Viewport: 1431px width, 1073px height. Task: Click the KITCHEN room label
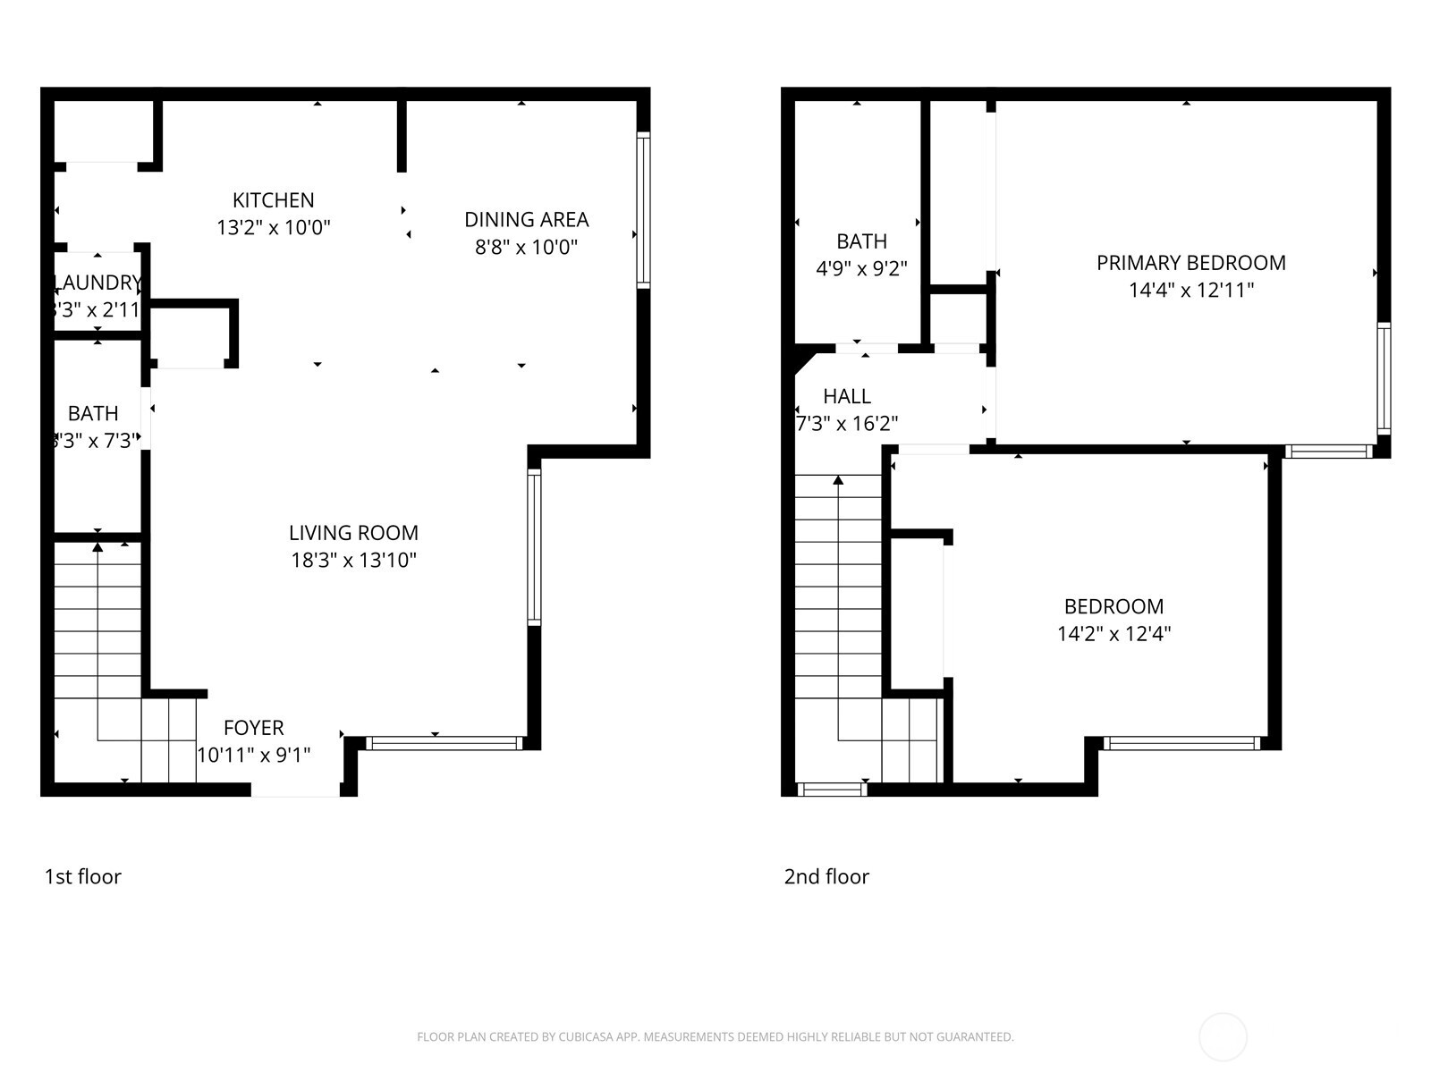tap(273, 200)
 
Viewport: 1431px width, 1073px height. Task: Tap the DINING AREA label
tap(526, 220)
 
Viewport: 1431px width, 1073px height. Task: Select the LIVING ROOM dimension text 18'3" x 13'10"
tap(353, 561)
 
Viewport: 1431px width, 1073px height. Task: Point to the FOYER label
tap(253, 728)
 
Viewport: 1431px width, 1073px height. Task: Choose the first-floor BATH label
tap(93, 414)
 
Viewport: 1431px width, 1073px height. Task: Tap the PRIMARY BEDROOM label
tap(1190, 263)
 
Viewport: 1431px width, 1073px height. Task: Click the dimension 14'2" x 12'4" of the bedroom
tap(1113, 634)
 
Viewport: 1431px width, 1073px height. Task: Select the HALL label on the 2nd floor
tap(846, 396)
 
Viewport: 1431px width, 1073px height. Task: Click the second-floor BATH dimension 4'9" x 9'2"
tap(861, 268)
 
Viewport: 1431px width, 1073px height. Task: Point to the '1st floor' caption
tap(82, 876)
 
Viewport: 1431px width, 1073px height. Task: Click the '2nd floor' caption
tap(826, 876)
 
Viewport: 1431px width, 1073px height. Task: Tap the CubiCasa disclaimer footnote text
tap(715, 1037)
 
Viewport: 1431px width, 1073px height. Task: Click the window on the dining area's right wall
tap(643, 210)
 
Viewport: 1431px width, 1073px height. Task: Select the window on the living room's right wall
tap(534, 547)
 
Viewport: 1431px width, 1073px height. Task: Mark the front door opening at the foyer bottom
tap(295, 790)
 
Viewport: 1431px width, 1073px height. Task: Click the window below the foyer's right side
tap(444, 743)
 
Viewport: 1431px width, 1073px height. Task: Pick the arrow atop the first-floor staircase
tap(97, 546)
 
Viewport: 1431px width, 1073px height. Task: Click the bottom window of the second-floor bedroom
tap(1181, 743)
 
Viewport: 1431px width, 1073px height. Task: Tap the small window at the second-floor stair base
tap(831, 790)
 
